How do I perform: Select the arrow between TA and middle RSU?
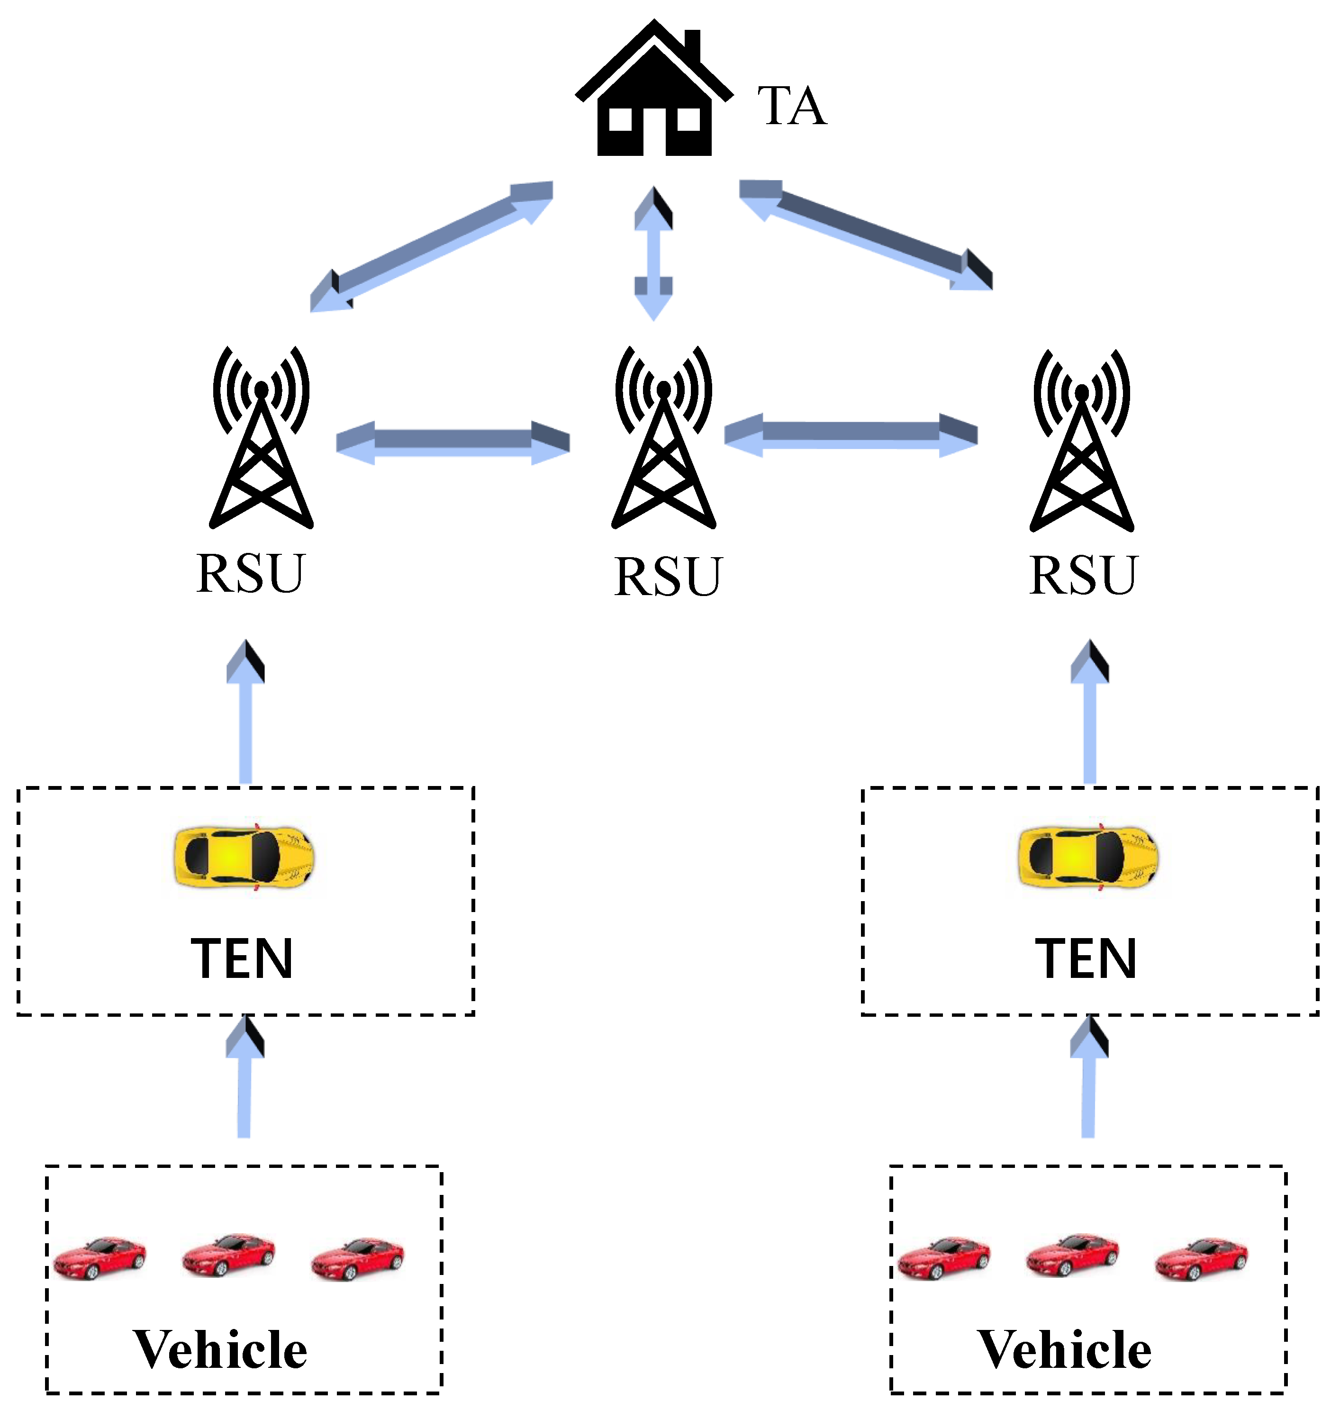click(653, 253)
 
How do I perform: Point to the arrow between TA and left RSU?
click(432, 246)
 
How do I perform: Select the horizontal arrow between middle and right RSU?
click(850, 435)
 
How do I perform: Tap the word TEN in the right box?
click(1086, 959)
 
